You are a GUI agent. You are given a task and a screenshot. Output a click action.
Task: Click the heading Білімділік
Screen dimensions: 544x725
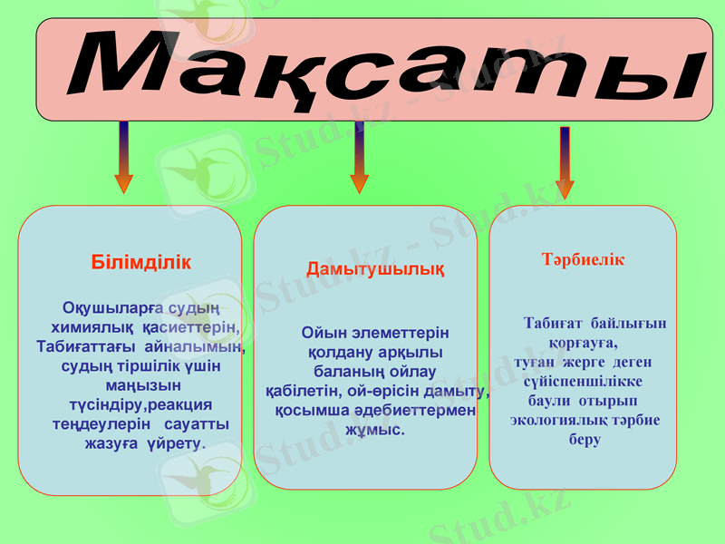(x=141, y=263)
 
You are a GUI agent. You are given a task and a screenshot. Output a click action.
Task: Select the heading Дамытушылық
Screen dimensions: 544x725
(x=375, y=269)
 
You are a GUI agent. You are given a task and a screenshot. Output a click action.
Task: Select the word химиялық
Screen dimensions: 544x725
(x=93, y=326)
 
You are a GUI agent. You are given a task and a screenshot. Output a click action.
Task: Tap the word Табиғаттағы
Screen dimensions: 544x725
(x=87, y=346)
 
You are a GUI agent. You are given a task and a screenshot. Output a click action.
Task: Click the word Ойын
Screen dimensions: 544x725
(x=323, y=333)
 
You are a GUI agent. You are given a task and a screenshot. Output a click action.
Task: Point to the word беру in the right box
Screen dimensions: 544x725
(x=585, y=440)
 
